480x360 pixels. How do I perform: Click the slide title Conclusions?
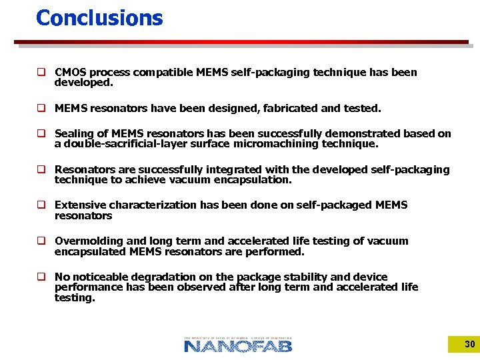[x=99, y=18]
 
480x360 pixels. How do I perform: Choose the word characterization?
[x=152, y=205]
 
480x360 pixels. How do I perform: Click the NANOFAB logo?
[x=238, y=344]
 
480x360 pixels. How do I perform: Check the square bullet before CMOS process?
[x=41, y=72]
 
